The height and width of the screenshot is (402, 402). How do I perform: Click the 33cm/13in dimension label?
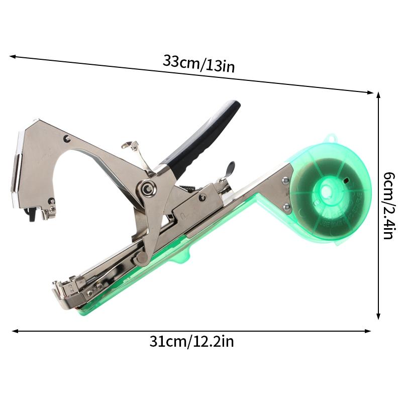198,64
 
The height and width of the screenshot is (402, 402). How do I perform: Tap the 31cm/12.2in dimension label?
191,342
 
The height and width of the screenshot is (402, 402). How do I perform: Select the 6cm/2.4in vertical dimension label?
388,206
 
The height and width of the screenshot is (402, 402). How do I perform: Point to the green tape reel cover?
330,190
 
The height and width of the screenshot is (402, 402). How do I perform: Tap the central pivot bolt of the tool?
147,189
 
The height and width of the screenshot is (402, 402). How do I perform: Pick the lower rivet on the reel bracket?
287,207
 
